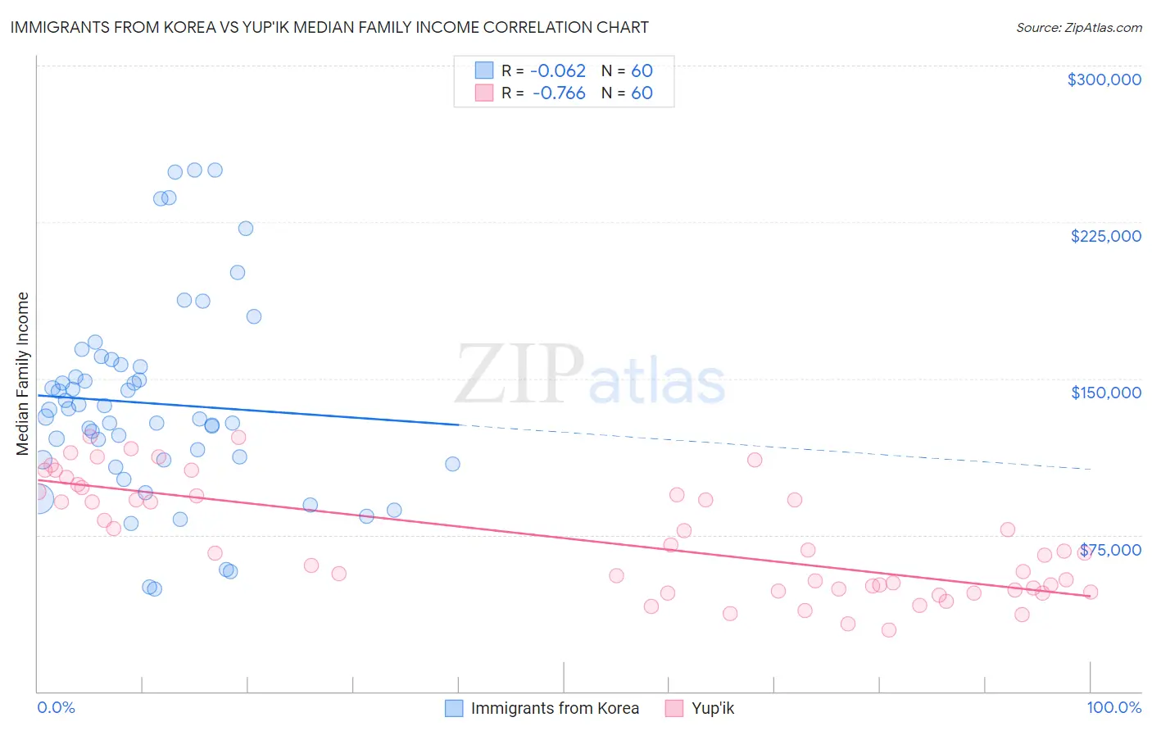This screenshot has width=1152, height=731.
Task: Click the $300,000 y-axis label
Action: (1104, 79)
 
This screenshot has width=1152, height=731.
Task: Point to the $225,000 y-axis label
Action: (1105, 236)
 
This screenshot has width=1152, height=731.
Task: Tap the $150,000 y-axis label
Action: (1105, 393)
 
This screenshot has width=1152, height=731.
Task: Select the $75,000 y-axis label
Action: (1110, 550)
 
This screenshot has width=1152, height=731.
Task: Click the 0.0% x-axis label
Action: (56, 707)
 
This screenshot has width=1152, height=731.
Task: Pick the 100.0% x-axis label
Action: (1113, 707)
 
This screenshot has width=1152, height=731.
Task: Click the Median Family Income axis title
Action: (22, 374)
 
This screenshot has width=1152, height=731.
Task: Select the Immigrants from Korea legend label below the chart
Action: (555, 708)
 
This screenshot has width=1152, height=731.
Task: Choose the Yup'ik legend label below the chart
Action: (713, 708)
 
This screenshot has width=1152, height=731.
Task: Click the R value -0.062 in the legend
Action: (559, 70)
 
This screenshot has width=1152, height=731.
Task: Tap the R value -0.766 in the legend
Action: (559, 93)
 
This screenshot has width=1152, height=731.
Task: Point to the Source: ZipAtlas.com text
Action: (1078, 27)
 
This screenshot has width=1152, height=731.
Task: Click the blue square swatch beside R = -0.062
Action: (484, 70)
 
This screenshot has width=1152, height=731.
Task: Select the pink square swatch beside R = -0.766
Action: (484, 93)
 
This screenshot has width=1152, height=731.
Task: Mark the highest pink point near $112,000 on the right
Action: (755, 460)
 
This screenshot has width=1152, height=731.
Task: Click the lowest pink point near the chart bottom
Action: (888, 629)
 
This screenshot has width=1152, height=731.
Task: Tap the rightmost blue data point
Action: (452, 464)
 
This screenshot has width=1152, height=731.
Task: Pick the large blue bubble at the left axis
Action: (38, 497)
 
